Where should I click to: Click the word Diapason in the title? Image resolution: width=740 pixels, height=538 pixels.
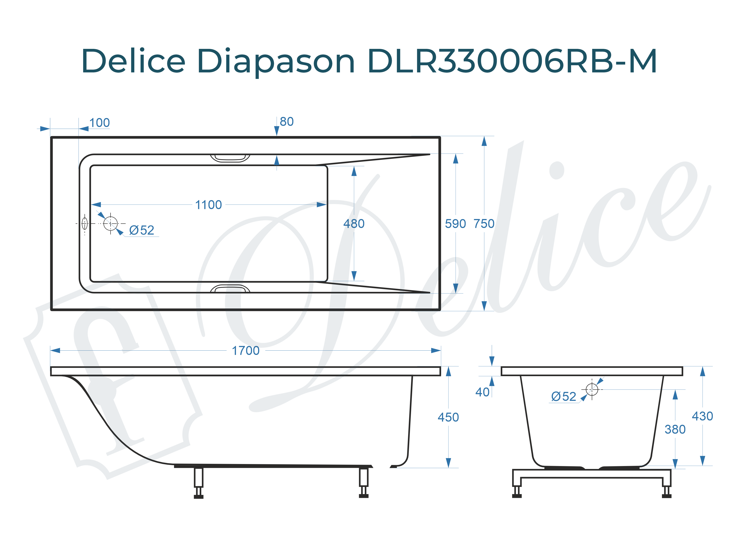click(276, 61)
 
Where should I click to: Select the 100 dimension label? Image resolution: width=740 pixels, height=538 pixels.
click(100, 123)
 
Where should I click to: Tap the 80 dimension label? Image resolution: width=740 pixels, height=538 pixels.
click(287, 122)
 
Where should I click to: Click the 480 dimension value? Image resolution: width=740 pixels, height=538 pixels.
click(354, 224)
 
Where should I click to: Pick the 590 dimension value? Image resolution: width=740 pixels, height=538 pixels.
click(455, 224)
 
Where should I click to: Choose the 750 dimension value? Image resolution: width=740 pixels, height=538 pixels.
click(484, 224)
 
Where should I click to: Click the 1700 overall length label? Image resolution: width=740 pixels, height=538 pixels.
click(245, 351)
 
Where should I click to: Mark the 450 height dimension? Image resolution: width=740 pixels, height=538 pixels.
click(448, 417)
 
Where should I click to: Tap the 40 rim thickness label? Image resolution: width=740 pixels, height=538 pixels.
click(482, 392)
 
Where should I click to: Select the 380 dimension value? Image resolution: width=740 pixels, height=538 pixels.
click(675, 429)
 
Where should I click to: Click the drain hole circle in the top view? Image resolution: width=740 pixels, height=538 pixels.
click(110, 223)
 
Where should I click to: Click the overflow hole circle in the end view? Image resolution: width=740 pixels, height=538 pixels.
click(592, 389)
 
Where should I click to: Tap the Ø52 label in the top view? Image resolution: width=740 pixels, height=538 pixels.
click(141, 230)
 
